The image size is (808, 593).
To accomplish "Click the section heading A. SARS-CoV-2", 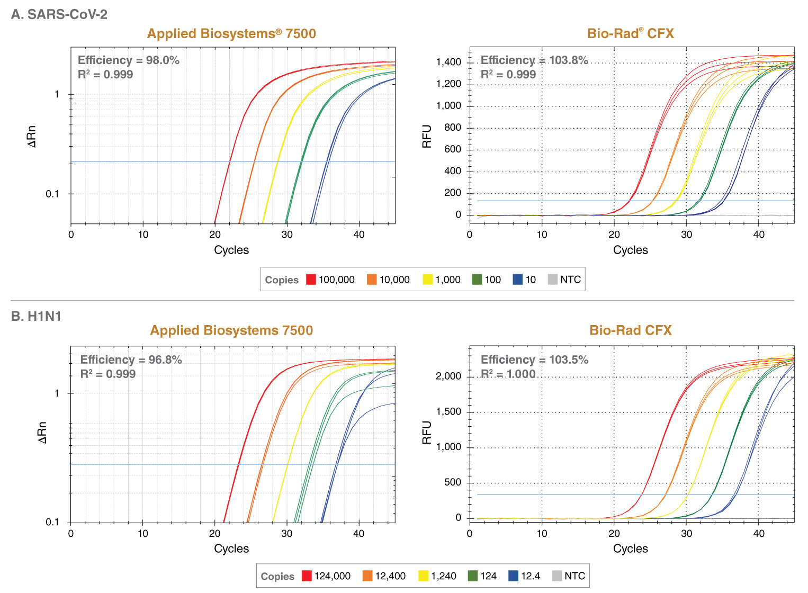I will click(59, 14).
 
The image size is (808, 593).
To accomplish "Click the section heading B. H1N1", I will click(37, 316).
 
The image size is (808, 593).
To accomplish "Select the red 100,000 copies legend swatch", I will click(311, 280).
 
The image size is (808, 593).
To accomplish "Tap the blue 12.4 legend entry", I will click(524, 576).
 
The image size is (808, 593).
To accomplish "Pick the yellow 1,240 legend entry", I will click(437, 576).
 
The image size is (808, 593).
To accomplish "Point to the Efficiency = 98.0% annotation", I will click(129, 60).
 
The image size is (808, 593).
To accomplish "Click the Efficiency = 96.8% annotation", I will click(131, 360).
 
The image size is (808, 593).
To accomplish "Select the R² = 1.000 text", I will click(508, 374).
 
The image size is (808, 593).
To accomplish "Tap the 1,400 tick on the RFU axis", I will click(448, 62).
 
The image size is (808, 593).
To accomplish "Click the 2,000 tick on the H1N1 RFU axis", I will click(448, 376).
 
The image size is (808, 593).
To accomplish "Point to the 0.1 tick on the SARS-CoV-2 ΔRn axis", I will click(52, 194).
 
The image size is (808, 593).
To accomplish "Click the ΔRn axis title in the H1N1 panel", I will click(42, 433).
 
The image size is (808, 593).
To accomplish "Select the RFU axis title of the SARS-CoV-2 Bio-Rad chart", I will click(427, 136).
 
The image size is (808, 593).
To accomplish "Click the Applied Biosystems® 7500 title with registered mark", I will click(231, 34).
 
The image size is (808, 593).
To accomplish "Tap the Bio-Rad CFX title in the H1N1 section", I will click(630, 330).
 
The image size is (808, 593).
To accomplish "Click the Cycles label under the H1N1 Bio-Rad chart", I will click(630, 549).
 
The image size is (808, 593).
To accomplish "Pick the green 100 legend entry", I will click(486, 280).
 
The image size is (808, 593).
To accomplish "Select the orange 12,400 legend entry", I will click(384, 576).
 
